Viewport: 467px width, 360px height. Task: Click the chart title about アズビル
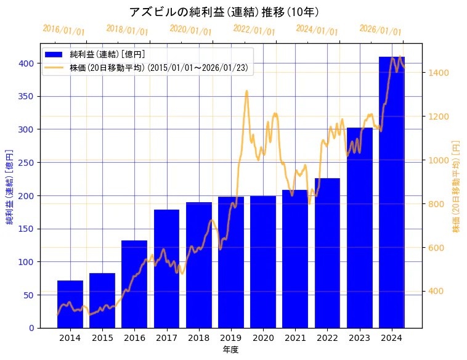click(x=224, y=12)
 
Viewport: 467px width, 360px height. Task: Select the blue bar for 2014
click(x=70, y=304)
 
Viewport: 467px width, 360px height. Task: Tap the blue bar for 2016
click(x=134, y=284)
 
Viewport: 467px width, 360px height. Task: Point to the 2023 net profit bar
click(x=360, y=227)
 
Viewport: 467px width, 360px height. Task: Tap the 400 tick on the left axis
click(x=26, y=63)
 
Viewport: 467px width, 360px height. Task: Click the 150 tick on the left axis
click(x=26, y=229)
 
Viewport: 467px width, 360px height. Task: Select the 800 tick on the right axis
click(x=437, y=204)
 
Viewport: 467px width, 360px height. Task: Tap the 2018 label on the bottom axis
click(x=199, y=338)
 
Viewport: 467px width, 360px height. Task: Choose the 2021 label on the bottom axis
click(x=295, y=338)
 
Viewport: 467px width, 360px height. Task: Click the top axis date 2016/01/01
click(x=64, y=30)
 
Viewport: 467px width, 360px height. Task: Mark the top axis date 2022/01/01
click(x=254, y=30)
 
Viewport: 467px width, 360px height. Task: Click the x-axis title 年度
click(x=230, y=350)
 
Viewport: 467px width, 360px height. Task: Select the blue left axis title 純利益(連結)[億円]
click(x=9, y=186)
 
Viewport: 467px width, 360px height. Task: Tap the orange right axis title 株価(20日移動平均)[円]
click(x=457, y=186)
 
